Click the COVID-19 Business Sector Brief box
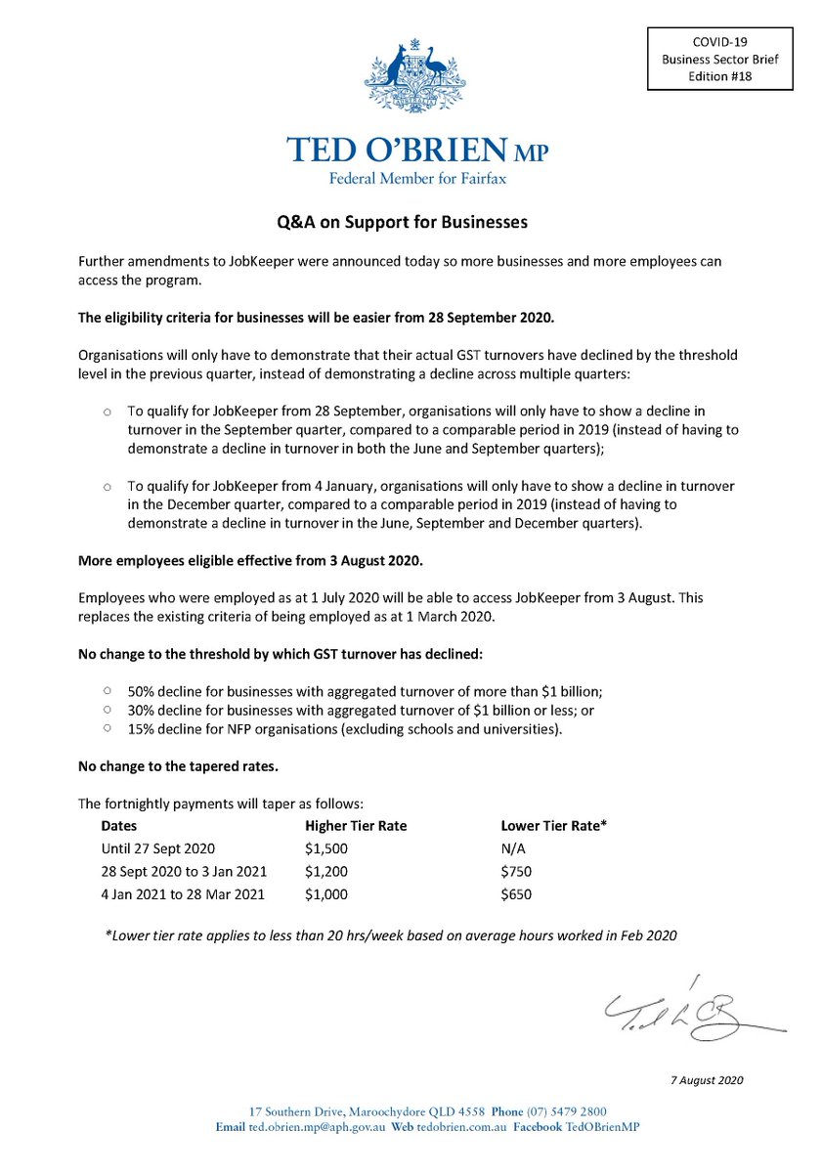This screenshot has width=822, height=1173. click(x=718, y=59)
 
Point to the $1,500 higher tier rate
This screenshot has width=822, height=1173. click(x=326, y=847)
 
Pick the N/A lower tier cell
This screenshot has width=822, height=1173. click(x=513, y=847)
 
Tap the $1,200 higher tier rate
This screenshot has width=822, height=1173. click(x=326, y=871)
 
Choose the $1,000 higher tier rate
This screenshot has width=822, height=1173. click(x=326, y=893)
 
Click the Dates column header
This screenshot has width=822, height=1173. click(x=119, y=825)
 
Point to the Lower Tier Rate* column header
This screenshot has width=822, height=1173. click(x=553, y=825)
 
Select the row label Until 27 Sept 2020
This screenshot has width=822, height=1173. click(x=157, y=847)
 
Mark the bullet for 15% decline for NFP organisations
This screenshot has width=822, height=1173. click(x=107, y=728)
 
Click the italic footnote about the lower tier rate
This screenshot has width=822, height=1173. click(x=390, y=934)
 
